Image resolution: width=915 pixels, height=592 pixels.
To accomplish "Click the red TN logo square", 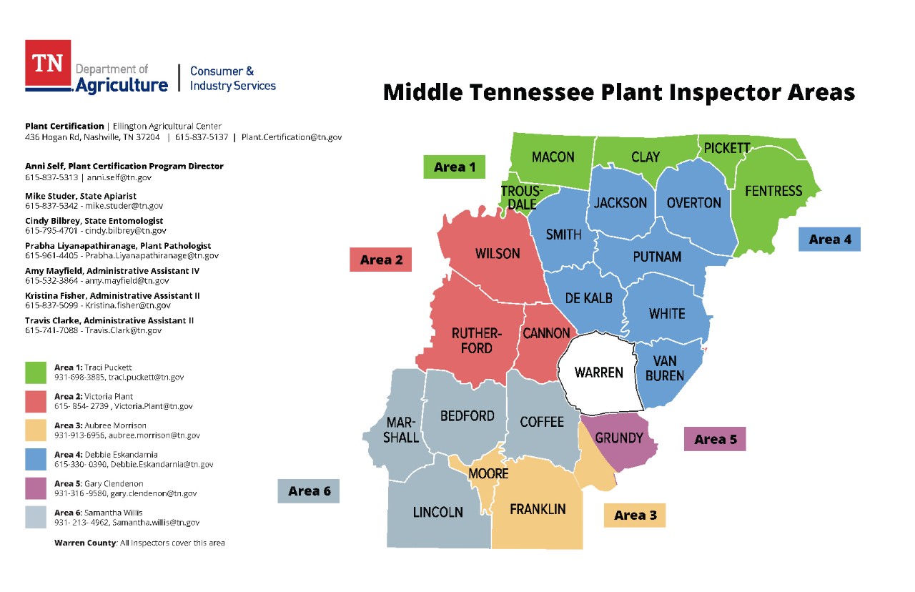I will click(x=48, y=63).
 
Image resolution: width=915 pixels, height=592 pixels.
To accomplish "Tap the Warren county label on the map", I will click(x=598, y=373).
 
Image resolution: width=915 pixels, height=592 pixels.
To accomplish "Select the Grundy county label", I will click(x=619, y=438).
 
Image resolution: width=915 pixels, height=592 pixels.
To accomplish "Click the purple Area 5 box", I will click(x=715, y=439).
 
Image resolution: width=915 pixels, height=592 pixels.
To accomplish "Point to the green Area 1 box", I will click(x=454, y=167).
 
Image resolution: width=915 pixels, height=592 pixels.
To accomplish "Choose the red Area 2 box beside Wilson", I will click(x=381, y=260).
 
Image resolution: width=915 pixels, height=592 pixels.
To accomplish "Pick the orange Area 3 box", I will click(x=634, y=515).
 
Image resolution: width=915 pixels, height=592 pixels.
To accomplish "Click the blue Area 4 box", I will click(x=829, y=240).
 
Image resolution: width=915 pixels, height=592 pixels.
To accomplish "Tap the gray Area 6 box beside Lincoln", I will click(x=308, y=491).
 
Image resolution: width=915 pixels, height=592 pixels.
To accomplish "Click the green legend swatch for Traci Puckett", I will click(x=36, y=373).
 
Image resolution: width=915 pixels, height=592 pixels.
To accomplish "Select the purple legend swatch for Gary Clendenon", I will click(x=36, y=489).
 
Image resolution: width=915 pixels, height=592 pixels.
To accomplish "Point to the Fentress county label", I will click(x=773, y=191).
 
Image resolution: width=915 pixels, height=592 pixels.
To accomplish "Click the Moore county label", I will click(x=488, y=473).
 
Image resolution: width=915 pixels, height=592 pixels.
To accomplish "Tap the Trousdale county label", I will click(x=518, y=197).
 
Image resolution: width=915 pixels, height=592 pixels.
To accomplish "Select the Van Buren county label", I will click(x=665, y=368).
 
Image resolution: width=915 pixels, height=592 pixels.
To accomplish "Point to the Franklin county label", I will click(x=538, y=509).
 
